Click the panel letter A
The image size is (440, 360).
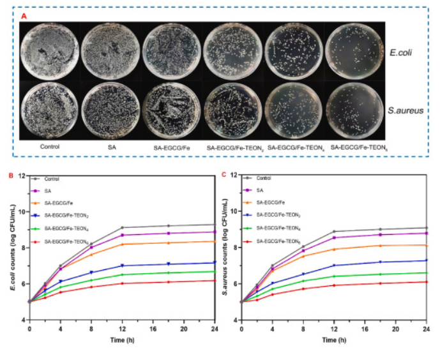tap(24, 15)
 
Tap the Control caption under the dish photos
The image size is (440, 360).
tap(49, 147)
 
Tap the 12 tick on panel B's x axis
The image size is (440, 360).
tap(122, 329)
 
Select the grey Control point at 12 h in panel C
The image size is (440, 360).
tap(333, 231)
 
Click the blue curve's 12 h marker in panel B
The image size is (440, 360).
tap(122, 266)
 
